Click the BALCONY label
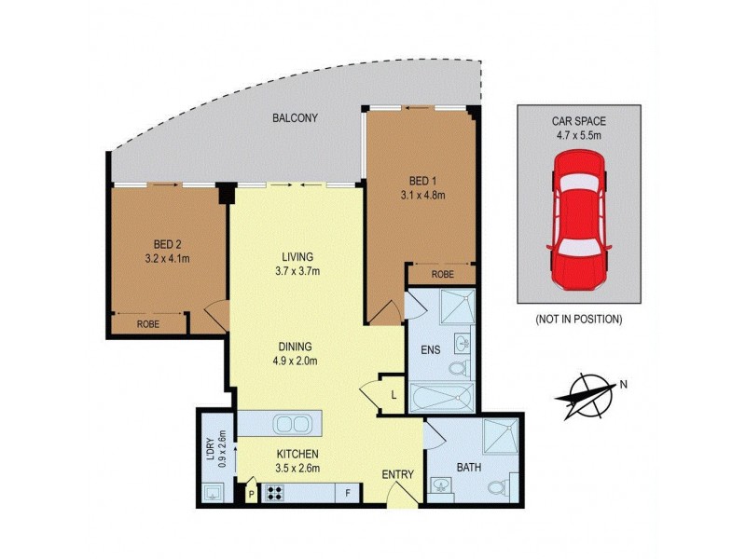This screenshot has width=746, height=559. click(x=296, y=118)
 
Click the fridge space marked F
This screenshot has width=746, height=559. click(x=347, y=494)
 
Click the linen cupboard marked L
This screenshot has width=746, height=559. click(x=394, y=395)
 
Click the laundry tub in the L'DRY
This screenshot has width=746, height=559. click(x=214, y=493)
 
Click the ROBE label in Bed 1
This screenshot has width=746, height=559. click(x=443, y=275)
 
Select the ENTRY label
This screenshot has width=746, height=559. click(x=398, y=475)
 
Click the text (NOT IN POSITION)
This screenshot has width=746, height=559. click(x=578, y=319)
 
